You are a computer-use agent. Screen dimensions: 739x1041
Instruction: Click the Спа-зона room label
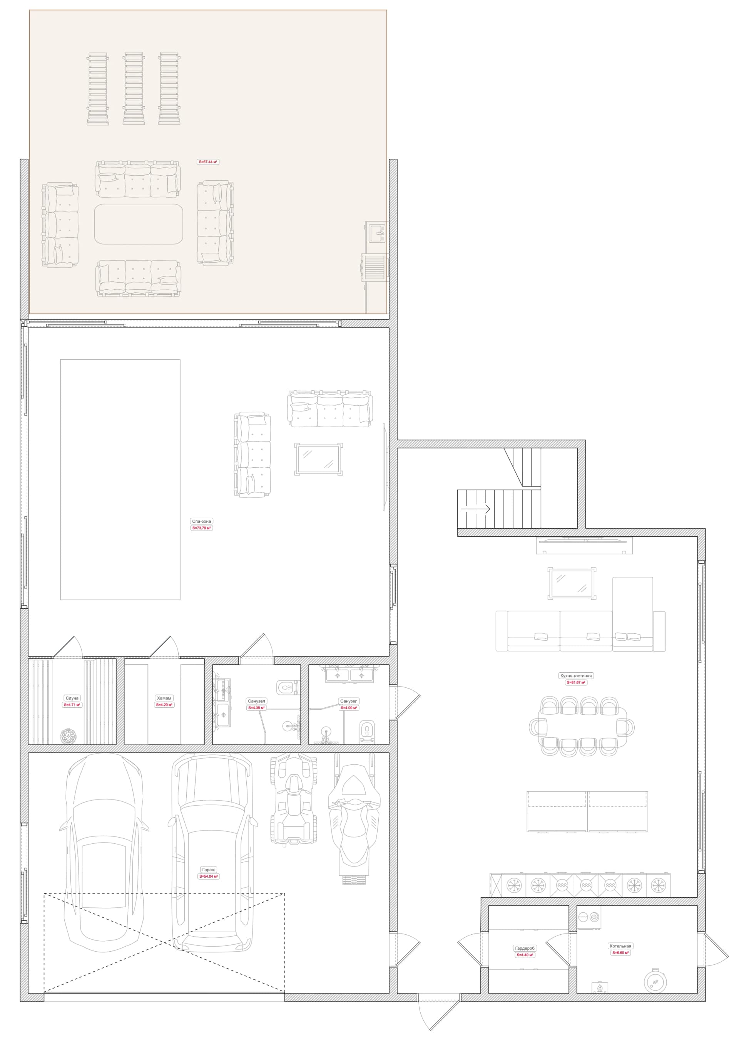tap(202, 521)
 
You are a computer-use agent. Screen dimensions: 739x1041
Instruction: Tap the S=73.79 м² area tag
tap(202, 528)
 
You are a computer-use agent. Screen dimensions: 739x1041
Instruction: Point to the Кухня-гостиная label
tap(576, 675)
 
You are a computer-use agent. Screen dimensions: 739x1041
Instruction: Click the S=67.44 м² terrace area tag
tap(208, 162)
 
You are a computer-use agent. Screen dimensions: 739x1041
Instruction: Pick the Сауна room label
tap(72, 698)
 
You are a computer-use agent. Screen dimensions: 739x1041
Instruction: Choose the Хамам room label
tap(164, 698)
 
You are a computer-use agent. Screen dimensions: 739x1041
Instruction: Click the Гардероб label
tap(525, 948)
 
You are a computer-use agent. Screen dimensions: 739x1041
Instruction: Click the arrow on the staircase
tap(475, 509)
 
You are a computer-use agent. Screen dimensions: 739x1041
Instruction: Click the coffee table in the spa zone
tap(319, 459)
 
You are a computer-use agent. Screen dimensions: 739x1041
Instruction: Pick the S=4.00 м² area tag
tap(349, 708)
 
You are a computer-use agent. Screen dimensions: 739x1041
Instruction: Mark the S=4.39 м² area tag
tap(256, 708)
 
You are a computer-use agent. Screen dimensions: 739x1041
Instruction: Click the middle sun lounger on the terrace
tap(134, 88)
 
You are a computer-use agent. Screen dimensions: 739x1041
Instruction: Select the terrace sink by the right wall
tap(377, 233)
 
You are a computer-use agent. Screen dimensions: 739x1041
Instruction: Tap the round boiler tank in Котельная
tap(655, 981)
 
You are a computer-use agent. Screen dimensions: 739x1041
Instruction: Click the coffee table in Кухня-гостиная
tap(572, 583)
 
